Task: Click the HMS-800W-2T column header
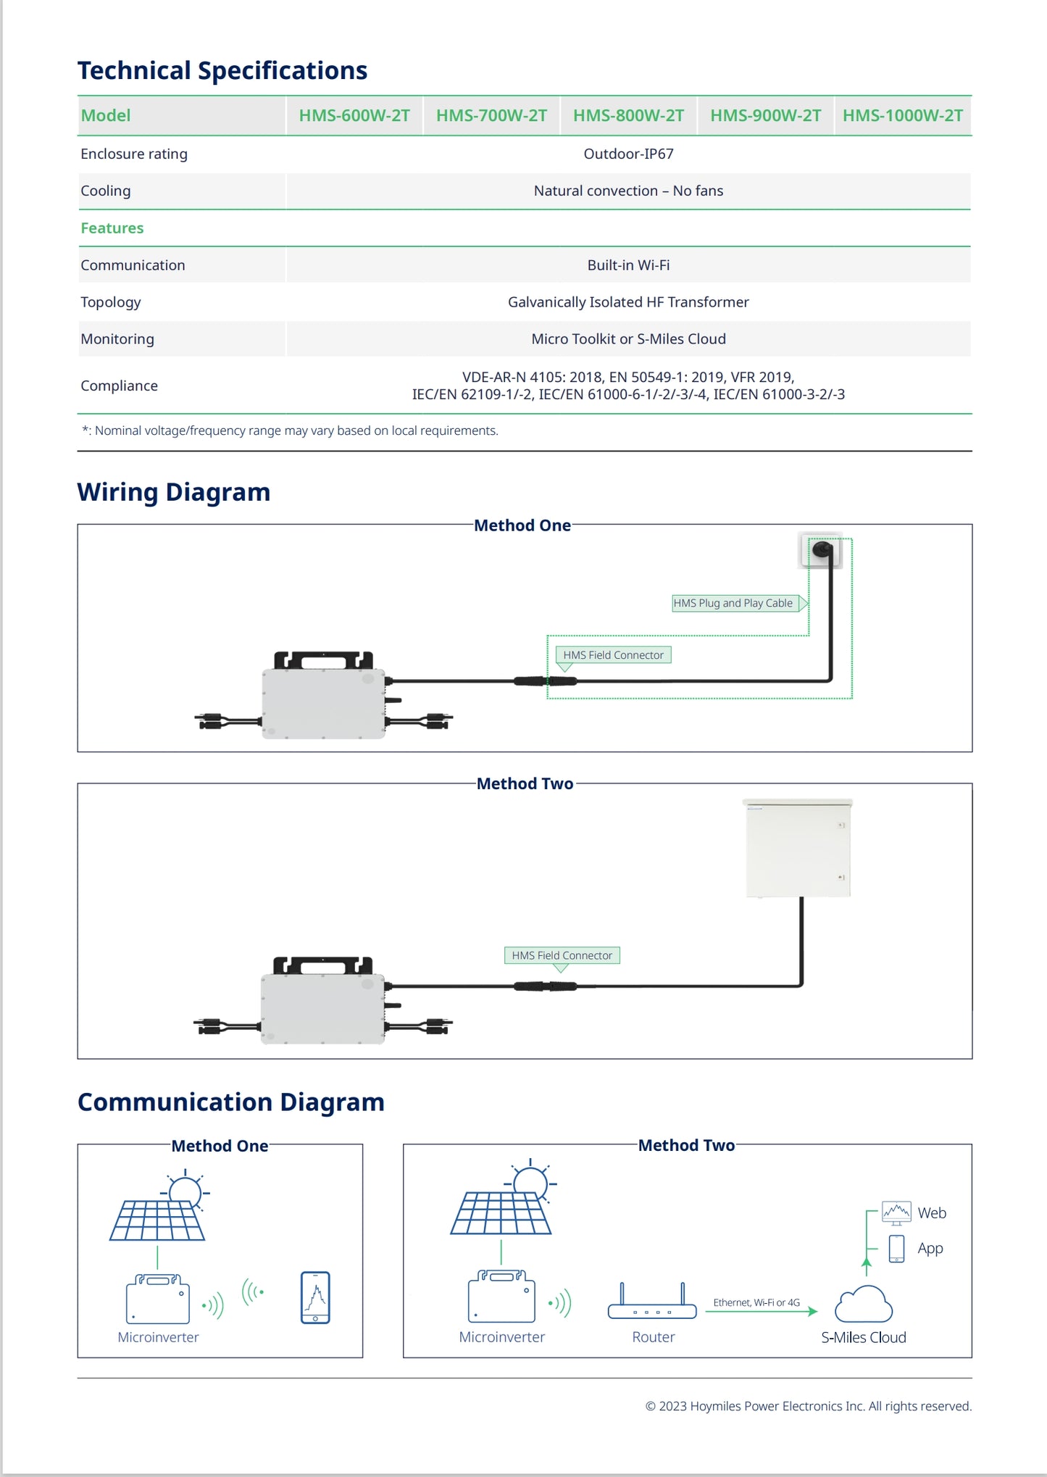(628, 116)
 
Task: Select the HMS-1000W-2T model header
(902, 116)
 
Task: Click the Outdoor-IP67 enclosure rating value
(628, 154)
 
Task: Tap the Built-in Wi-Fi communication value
(628, 265)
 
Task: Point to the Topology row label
(111, 302)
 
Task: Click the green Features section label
(112, 228)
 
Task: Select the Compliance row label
(120, 386)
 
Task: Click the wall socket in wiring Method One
(821, 551)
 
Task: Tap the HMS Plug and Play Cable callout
(734, 603)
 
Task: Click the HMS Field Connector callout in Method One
(613, 655)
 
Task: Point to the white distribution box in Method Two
(798, 848)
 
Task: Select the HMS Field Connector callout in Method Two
(562, 955)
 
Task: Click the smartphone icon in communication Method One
(315, 1297)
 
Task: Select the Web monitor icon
(896, 1212)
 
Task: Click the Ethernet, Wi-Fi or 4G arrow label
(756, 1302)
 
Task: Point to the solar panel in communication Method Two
(501, 1212)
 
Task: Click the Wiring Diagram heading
(174, 492)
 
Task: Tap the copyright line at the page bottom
(808, 1406)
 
